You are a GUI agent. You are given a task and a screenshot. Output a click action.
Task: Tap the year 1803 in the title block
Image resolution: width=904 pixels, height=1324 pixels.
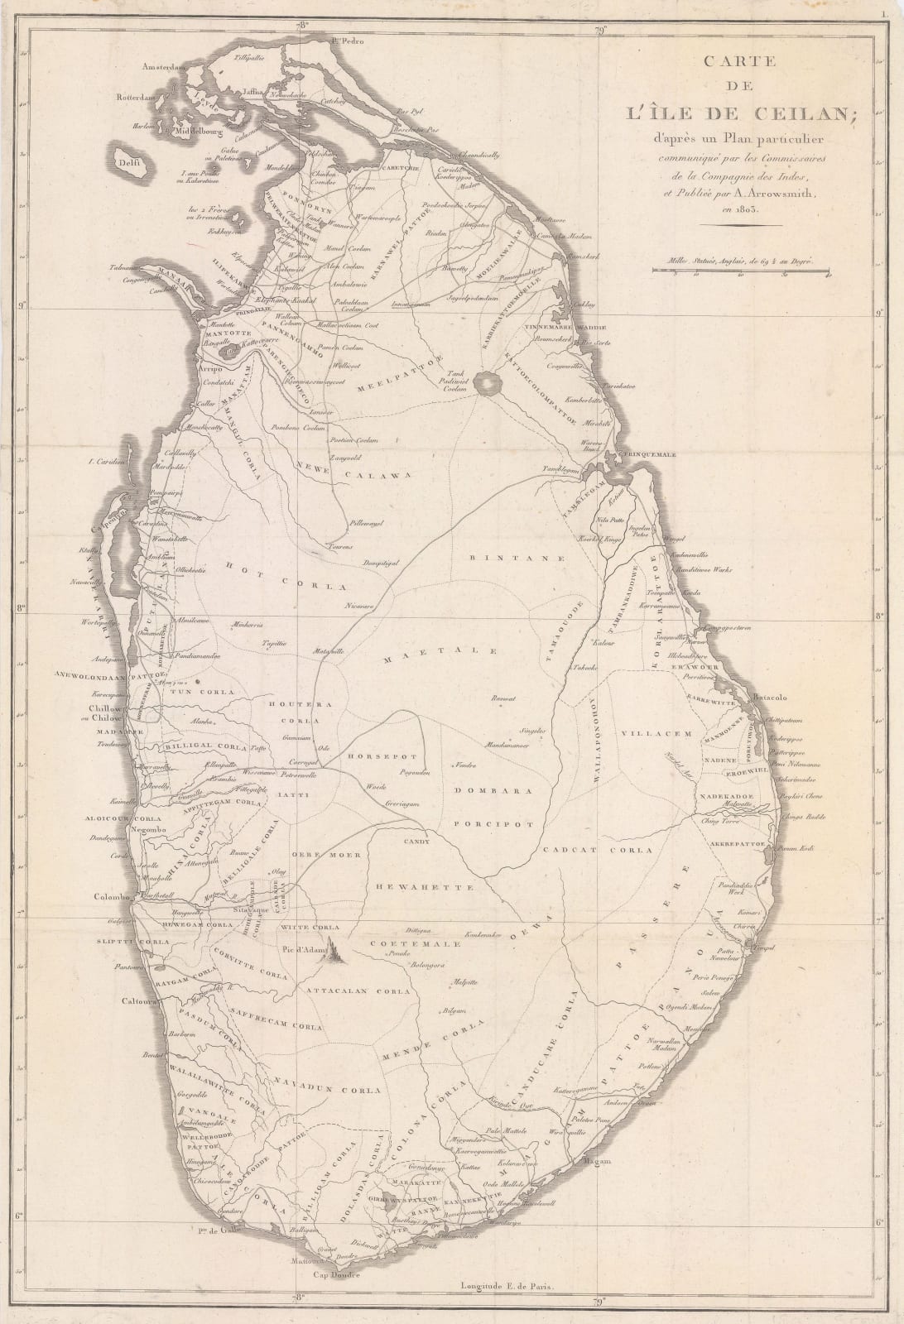(x=739, y=211)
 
